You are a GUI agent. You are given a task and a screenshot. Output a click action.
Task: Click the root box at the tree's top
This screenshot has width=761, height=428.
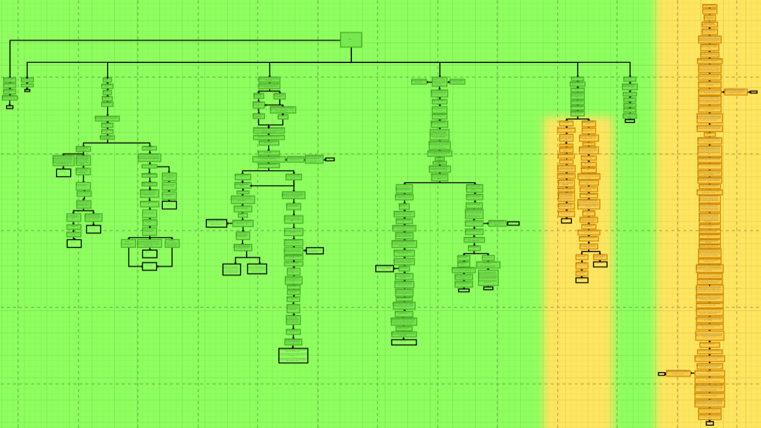pos(351,40)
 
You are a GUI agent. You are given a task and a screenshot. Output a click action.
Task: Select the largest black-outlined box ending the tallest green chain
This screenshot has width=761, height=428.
pos(293,355)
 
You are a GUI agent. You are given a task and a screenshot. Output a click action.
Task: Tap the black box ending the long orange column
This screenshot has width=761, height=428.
pos(709,423)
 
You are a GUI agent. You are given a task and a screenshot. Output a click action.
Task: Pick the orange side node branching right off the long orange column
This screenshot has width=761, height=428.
pos(735,92)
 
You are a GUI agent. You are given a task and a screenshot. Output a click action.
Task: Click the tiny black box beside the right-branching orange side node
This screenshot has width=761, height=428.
pos(753,92)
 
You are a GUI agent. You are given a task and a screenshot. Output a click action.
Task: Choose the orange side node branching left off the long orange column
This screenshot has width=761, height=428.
pos(678,373)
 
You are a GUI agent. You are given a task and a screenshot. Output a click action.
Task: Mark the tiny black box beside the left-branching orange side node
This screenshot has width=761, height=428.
pos(662,374)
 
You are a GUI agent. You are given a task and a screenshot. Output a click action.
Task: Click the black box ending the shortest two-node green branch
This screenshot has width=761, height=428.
pos(27,90)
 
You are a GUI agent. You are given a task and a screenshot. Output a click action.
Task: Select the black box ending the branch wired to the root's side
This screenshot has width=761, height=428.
pos(10,107)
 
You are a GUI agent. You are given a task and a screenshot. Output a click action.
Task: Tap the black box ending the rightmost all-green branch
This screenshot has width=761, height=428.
pos(630,121)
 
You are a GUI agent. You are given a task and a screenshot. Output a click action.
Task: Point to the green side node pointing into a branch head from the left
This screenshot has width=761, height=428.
pos(419,81)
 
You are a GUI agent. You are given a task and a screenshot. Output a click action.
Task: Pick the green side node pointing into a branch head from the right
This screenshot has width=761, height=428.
pos(457,81)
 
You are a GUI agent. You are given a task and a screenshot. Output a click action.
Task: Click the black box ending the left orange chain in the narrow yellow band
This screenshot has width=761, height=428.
pos(566,221)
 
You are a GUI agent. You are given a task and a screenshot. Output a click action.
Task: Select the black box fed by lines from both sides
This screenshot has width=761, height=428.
pos(149,266)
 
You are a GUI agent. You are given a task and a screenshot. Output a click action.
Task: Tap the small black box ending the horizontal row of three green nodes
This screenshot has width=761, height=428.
pos(329,159)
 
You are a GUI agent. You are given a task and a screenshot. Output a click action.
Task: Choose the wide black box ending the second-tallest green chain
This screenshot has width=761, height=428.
pos(404,342)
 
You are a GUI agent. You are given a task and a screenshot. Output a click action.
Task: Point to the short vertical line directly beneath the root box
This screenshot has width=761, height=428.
pos(351,55)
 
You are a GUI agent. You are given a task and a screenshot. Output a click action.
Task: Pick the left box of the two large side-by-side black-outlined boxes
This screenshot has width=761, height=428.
pos(231,269)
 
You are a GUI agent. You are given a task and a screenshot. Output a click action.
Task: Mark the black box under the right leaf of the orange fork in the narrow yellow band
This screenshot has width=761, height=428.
pos(600,265)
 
